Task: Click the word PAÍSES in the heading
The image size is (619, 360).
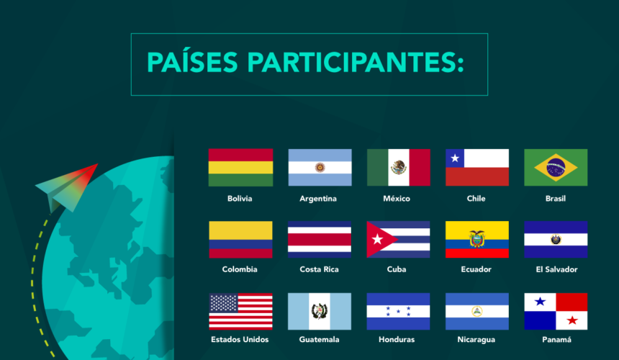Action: coord(192,62)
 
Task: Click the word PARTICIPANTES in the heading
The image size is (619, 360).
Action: coord(356,63)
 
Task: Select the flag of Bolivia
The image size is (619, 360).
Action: coord(240,167)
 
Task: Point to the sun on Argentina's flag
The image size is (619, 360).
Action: coord(320,167)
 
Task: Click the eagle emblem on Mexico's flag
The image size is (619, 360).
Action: coord(398,167)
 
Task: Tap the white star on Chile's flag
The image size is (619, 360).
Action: coord(455,158)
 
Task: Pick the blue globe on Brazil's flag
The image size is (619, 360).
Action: coord(556,167)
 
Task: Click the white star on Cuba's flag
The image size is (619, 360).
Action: coord(377,239)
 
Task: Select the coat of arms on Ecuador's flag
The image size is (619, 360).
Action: coord(477,239)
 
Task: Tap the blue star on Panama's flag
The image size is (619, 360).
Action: coord(540,302)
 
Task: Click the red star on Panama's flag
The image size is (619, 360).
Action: coord(572,320)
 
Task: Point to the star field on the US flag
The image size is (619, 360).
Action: coord(223,303)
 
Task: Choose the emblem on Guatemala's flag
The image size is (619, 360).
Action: coord(320,311)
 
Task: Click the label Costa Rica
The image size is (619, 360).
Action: coord(319,269)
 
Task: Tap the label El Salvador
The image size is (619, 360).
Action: coord(556,269)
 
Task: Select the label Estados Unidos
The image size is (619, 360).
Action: coord(240,339)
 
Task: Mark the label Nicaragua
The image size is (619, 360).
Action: coord(476,339)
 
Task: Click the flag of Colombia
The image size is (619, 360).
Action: coord(240,240)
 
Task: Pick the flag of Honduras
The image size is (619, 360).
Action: coord(398,312)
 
